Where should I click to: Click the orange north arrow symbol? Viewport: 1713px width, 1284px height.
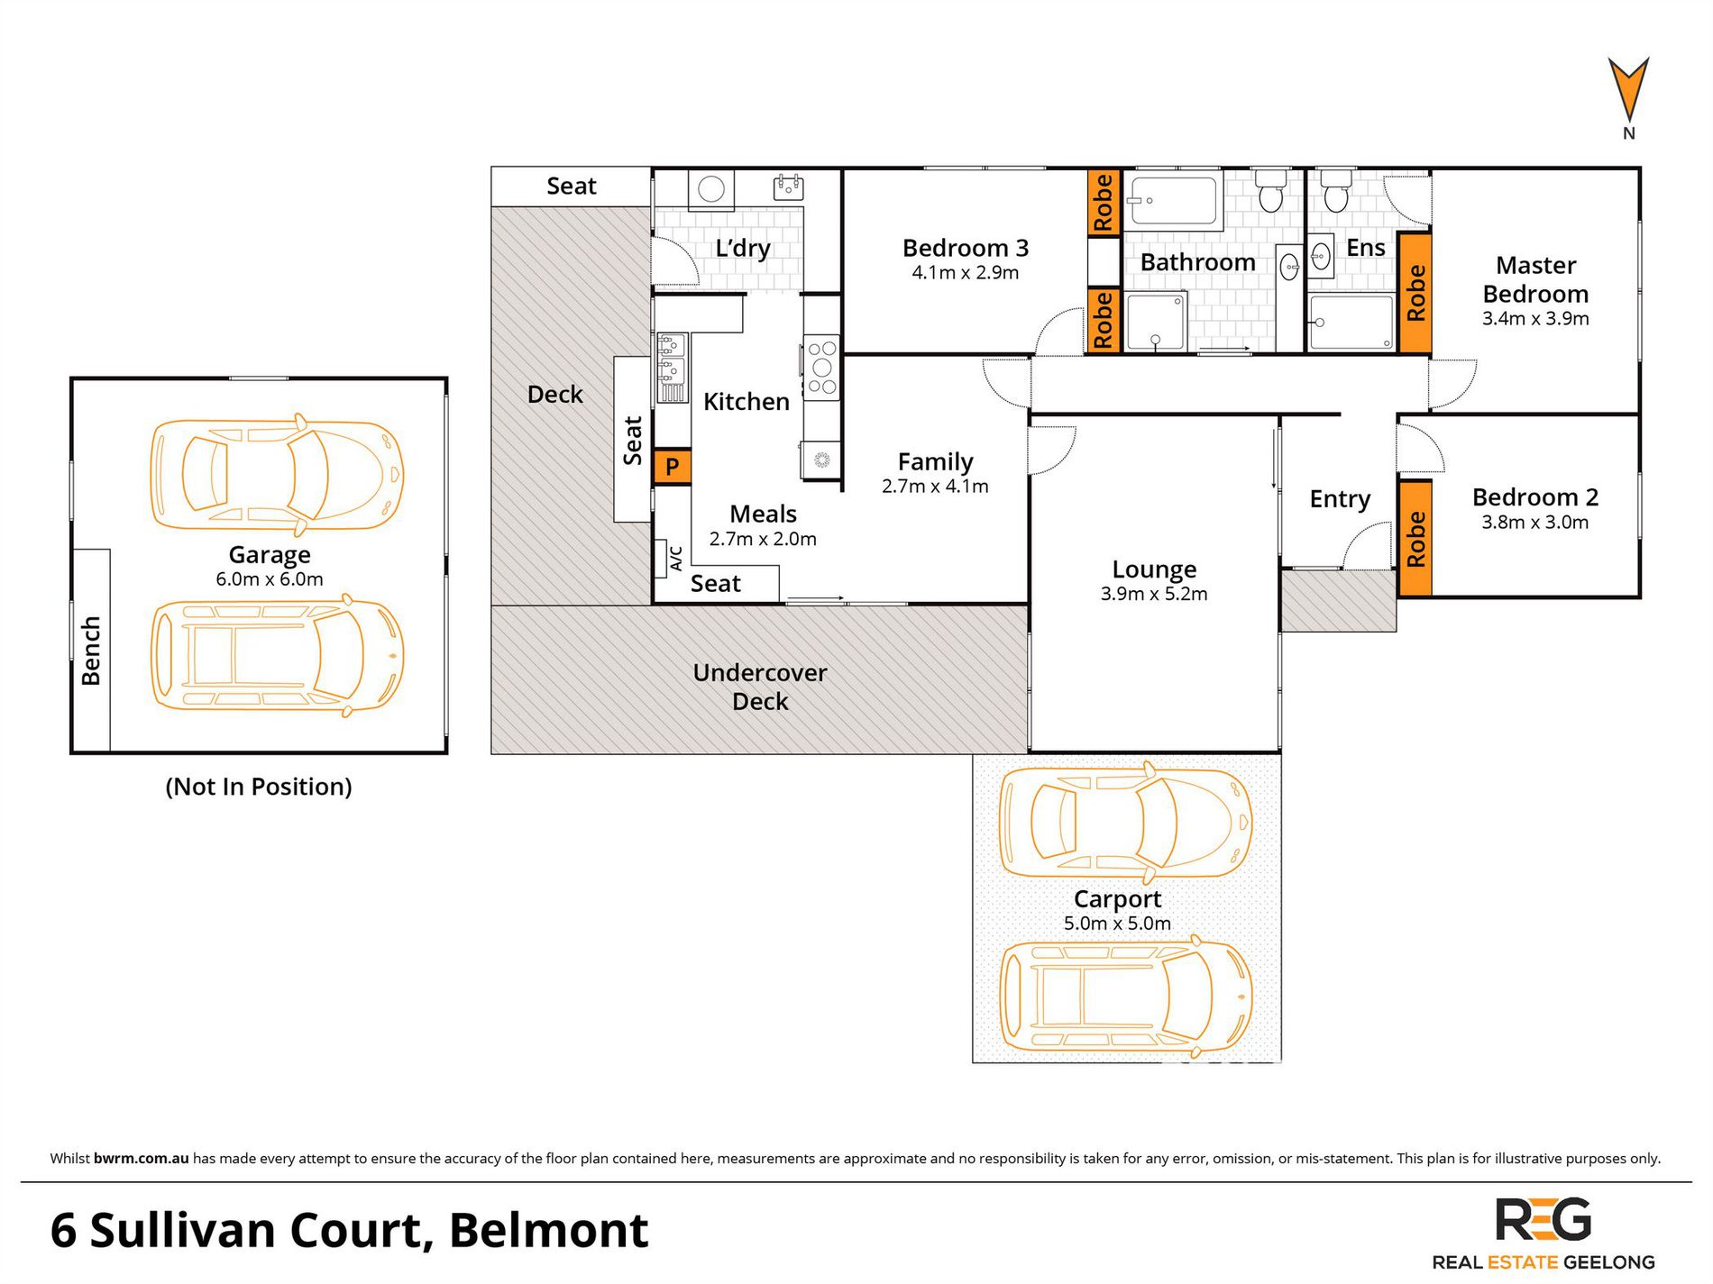coord(1628,90)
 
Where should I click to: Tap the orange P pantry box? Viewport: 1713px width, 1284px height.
coord(672,467)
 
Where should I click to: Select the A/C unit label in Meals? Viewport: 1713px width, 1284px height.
coord(676,559)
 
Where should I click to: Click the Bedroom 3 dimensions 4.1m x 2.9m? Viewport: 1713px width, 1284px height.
coord(966,273)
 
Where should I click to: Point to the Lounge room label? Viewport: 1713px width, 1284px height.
coord(1154,569)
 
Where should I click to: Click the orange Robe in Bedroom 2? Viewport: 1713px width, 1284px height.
coord(1415,539)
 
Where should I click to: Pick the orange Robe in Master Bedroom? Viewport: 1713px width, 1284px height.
coord(1415,293)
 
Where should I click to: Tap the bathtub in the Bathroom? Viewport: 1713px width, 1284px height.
coord(1173,201)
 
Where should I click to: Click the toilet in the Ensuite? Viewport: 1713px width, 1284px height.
coord(1335,191)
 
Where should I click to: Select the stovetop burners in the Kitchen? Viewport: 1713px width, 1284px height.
coord(821,368)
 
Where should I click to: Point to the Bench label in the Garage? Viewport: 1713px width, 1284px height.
coord(91,651)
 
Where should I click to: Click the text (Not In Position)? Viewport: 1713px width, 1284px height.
coord(259,787)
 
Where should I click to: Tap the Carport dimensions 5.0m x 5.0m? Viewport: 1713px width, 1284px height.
coord(1117,924)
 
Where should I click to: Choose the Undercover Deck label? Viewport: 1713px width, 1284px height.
coord(760,687)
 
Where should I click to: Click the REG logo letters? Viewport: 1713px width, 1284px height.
coord(1544,1220)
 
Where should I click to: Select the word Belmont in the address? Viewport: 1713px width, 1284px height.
coord(548,1230)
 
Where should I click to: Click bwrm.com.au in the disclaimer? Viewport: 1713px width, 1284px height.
coord(141,1159)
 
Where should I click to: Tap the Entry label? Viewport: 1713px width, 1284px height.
coord(1340,500)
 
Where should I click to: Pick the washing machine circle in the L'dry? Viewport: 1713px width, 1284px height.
coord(711,189)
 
